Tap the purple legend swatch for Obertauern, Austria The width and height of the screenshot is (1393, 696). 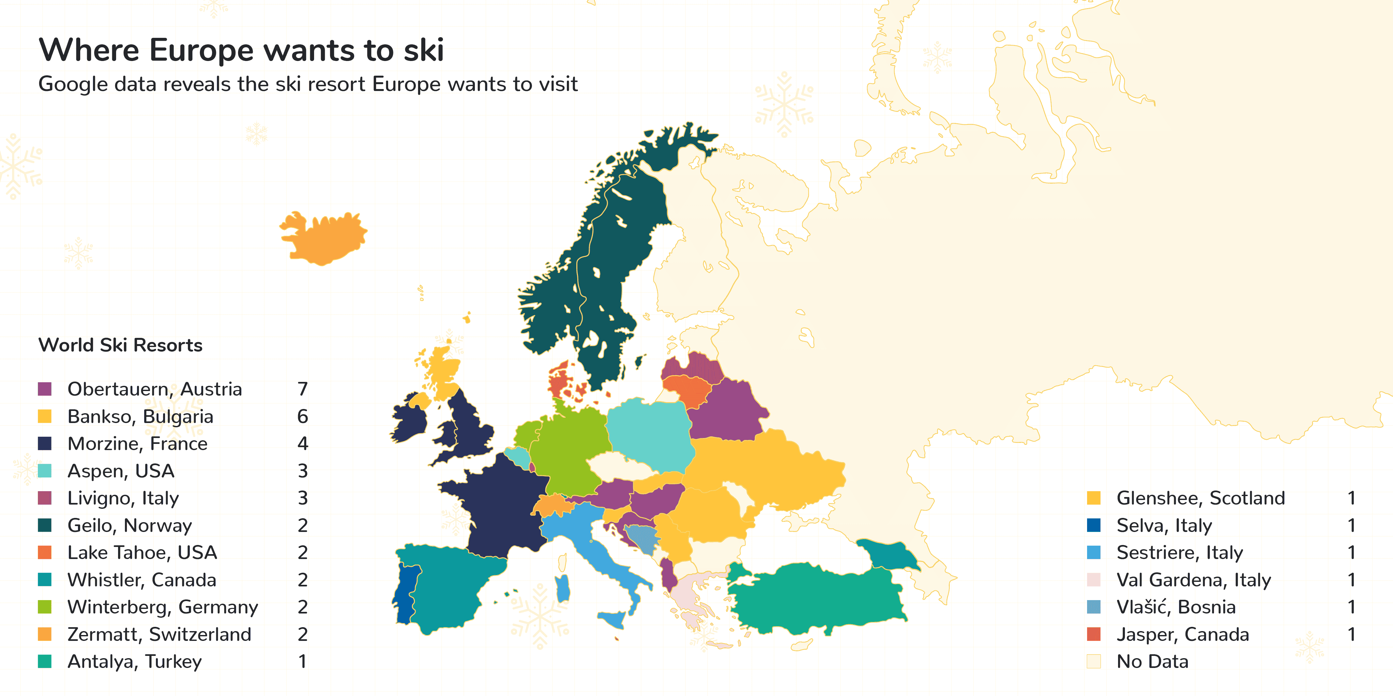(45, 389)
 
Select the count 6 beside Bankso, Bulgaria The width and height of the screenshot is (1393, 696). (302, 416)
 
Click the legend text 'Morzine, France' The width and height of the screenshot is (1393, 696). (137, 444)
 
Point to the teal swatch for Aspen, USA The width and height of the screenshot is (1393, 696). (45, 471)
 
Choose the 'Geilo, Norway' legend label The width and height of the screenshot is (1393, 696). (130, 525)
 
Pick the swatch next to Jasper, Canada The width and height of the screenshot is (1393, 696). (1093, 634)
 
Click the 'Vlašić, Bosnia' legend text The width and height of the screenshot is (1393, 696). (1176, 607)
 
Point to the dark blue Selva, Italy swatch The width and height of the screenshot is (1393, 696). (1093, 525)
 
